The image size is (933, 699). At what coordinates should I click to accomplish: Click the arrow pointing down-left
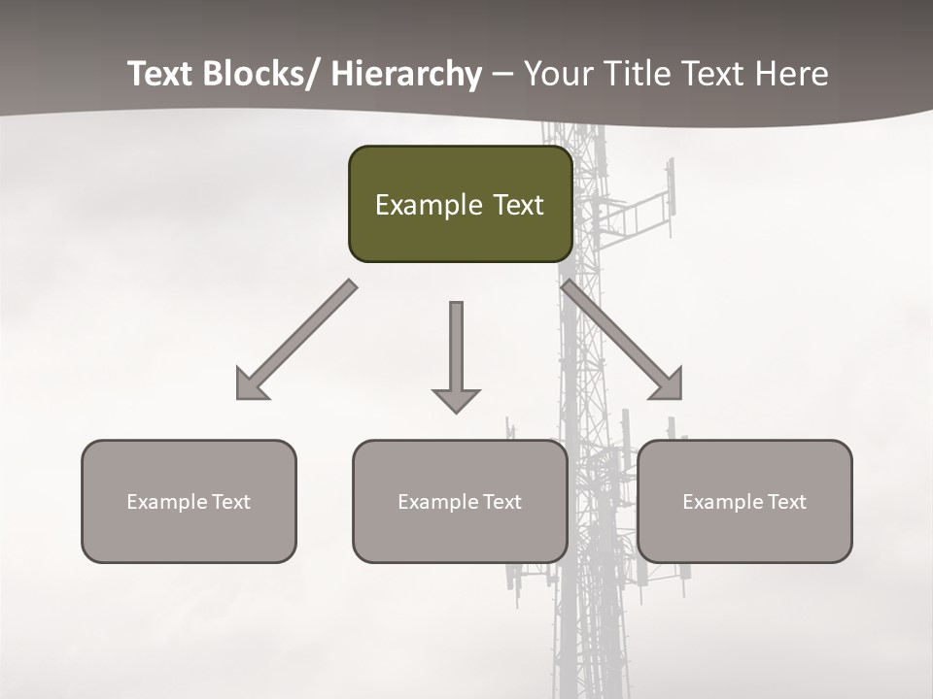[297, 340]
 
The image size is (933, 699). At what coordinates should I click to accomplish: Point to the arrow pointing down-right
[622, 340]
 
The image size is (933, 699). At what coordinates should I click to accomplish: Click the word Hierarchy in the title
[407, 74]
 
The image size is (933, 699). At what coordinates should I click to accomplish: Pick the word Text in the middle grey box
[501, 502]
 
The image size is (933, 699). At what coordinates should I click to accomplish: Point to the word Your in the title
[558, 74]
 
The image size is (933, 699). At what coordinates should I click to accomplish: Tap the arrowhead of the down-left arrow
[250, 385]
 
